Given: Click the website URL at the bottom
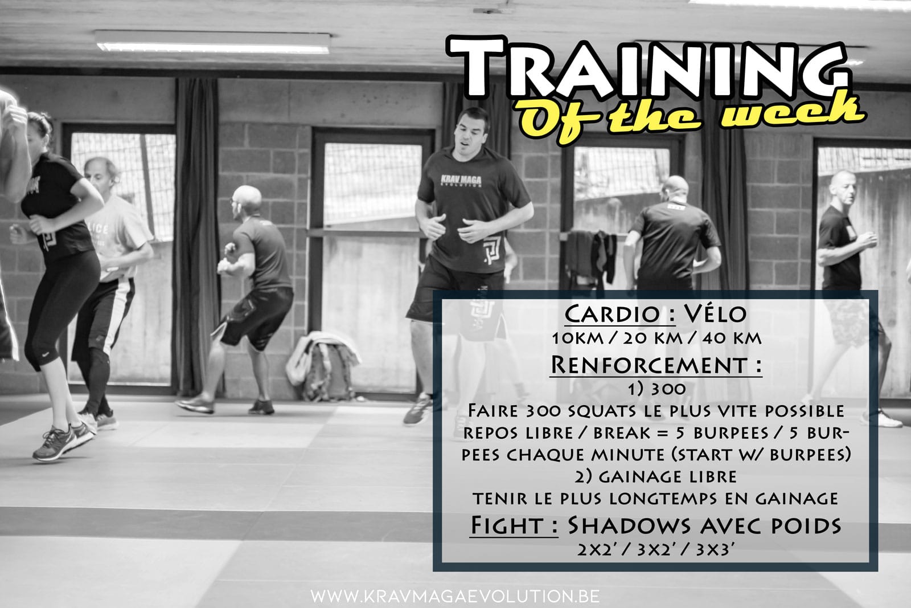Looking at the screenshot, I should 455,596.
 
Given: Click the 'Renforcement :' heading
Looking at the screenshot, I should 655,365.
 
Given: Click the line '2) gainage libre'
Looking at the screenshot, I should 655,476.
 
